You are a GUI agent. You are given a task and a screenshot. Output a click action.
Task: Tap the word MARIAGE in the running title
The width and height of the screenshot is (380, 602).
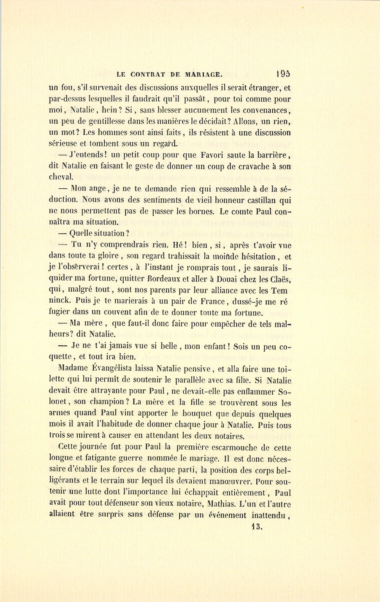coord(203,75)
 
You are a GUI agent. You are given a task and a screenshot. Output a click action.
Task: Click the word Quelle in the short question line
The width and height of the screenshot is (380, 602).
coord(80,233)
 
